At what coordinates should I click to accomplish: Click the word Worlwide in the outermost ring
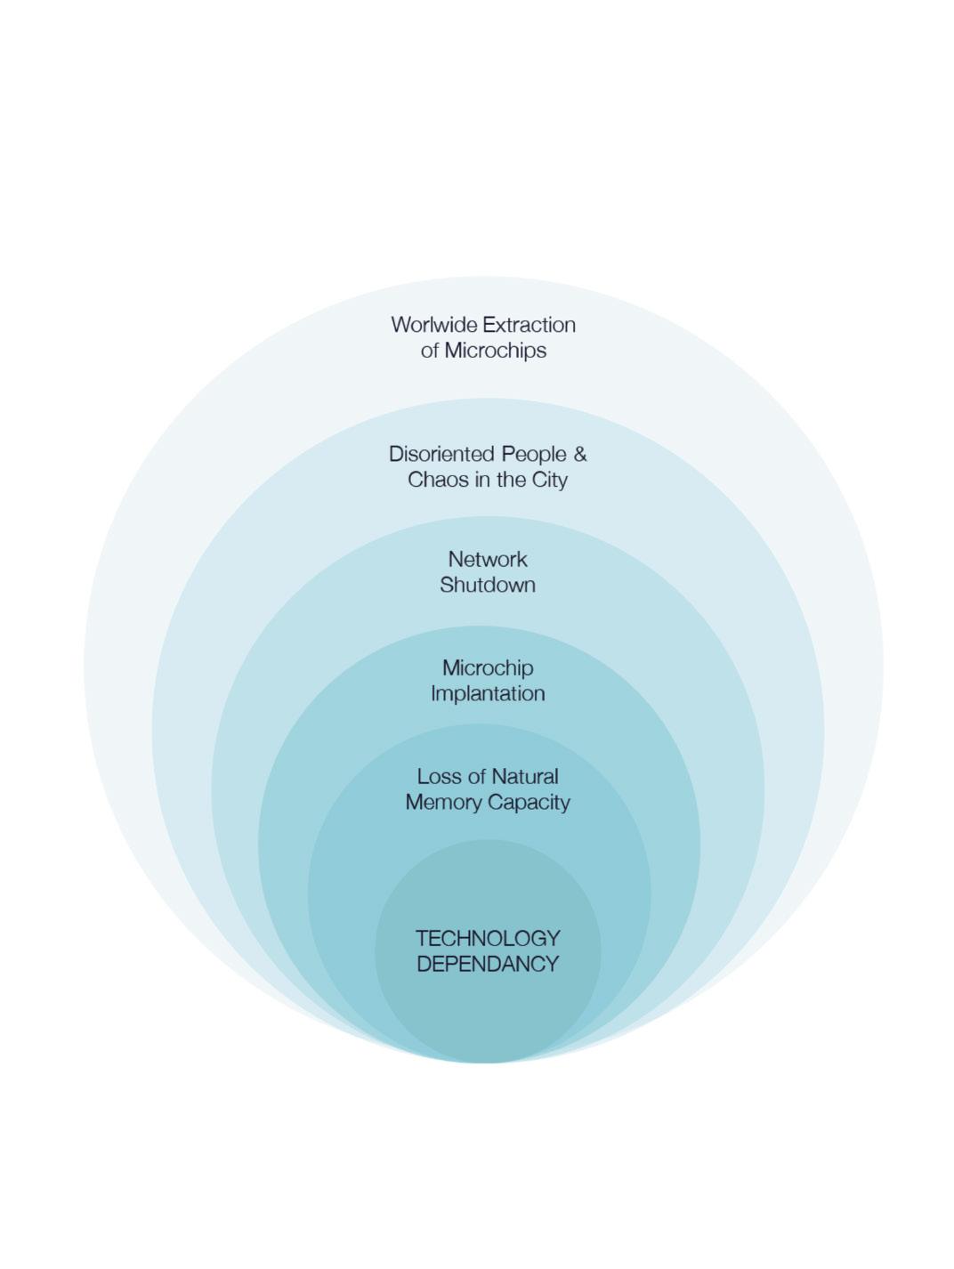pos(433,325)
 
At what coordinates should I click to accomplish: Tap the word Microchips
pos(496,351)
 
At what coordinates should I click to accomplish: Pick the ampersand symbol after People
pos(580,454)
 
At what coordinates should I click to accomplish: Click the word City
pos(548,480)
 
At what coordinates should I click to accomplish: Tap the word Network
pos(488,560)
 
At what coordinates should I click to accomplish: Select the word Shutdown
pos(488,586)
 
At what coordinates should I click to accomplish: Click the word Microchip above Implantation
pos(488,668)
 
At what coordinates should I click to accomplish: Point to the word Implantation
pos(488,693)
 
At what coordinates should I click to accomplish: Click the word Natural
pos(525,777)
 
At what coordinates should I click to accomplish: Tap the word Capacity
pos(530,803)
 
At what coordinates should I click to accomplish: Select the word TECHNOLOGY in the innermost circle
pos(488,939)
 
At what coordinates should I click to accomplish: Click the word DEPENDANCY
pos(488,965)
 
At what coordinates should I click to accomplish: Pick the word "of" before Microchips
pos(430,351)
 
